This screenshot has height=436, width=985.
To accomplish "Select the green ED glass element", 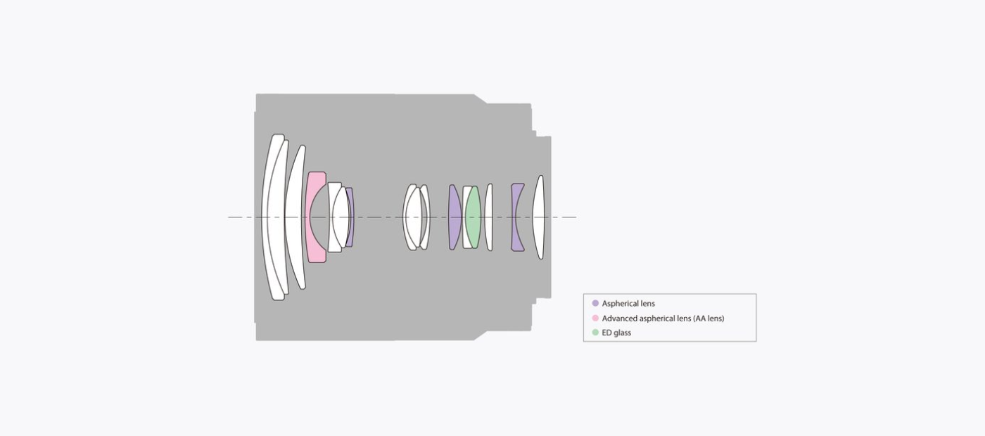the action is click(x=473, y=217).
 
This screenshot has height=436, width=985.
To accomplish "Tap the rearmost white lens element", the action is click(x=539, y=217).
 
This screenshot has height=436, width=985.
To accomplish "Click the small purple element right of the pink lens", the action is click(x=350, y=217).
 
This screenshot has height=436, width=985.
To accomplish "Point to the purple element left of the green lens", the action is click(x=455, y=217).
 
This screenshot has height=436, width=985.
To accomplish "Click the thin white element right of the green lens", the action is click(x=488, y=217).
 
